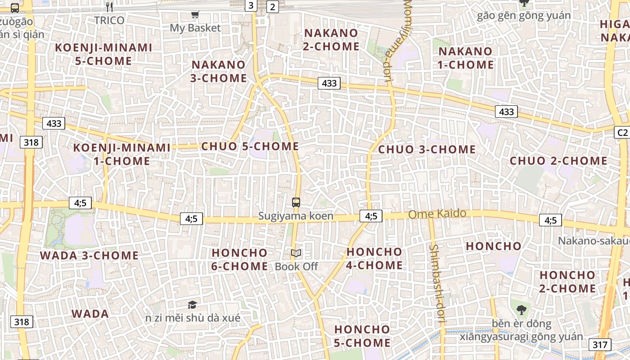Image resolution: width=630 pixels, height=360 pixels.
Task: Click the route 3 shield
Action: [x=251, y=5]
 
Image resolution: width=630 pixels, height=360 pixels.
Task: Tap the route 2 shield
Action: [x=273, y=6]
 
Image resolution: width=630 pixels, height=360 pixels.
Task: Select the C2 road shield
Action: [x=621, y=132]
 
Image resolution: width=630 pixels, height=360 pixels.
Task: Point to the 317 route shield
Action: [x=599, y=345]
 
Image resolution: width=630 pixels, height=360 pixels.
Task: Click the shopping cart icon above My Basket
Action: [x=195, y=15]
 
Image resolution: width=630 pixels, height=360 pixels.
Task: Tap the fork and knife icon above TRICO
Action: [x=109, y=7]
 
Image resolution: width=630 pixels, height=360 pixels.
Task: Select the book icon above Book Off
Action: [x=296, y=253]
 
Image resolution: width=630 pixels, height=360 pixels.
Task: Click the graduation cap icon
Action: [x=192, y=305]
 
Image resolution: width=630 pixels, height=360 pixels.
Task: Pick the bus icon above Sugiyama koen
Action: [x=296, y=202]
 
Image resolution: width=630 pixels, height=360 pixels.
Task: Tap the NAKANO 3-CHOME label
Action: [x=219, y=71]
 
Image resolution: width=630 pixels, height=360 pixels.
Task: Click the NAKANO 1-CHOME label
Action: [x=466, y=58]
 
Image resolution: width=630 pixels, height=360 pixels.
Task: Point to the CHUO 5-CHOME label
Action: [x=250, y=146]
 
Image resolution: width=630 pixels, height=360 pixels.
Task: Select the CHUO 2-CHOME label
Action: [x=558, y=161]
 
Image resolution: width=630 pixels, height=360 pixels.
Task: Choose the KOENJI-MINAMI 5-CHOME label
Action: [x=103, y=54]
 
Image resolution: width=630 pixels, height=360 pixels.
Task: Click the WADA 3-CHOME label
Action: [x=89, y=256]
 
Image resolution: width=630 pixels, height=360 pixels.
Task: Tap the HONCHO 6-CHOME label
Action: [x=240, y=259]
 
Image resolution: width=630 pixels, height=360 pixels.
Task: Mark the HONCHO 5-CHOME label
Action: [x=362, y=336]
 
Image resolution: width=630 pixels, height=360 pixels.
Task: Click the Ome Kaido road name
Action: [x=437, y=214]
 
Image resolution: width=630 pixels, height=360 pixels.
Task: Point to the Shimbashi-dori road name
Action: [x=437, y=284]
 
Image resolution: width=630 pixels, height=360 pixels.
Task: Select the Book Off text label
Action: [x=297, y=266]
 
